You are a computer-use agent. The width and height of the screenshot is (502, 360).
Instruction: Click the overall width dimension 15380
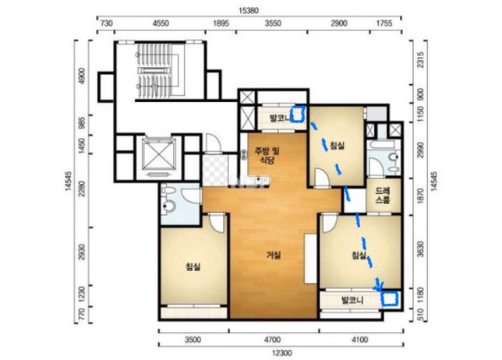tap(249, 11)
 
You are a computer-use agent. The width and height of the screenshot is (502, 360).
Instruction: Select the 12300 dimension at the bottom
tap(281, 353)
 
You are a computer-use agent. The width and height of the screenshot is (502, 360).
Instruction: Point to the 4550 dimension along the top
tap(161, 23)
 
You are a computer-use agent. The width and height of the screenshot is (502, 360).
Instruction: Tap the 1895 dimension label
tap(221, 23)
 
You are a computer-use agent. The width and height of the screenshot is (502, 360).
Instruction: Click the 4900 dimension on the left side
tap(82, 76)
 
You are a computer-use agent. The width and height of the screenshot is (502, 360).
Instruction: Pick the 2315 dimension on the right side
tap(421, 60)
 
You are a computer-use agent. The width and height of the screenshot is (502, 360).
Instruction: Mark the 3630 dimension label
tap(421, 249)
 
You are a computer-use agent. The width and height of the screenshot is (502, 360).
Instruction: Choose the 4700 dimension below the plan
tap(273, 340)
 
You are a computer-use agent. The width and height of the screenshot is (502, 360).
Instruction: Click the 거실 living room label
tap(274, 255)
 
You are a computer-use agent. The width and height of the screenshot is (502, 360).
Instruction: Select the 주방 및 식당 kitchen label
tap(267, 155)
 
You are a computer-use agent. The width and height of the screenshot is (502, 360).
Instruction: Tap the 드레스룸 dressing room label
tap(383, 196)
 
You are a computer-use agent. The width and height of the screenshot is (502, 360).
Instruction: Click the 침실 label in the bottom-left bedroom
tap(193, 266)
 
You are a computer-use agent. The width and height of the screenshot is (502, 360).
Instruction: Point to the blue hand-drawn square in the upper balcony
tap(298, 115)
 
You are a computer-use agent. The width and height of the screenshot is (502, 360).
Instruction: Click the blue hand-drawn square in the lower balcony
tap(390, 298)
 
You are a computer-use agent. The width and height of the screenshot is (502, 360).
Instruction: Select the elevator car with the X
tap(159, 155)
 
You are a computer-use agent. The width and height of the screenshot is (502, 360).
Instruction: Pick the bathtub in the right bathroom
tap(383, 144)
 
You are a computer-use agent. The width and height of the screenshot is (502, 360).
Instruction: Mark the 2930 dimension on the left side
tap(82, 252)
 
